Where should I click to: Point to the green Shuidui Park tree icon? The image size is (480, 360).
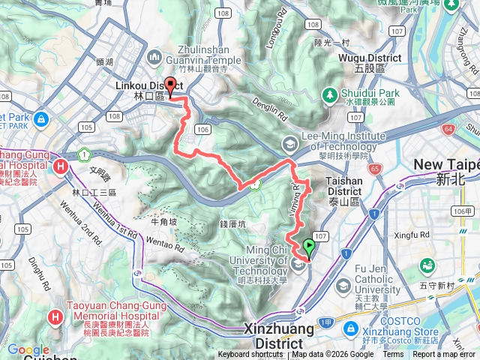[328, 94]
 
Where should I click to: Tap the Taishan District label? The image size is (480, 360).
[344, 186]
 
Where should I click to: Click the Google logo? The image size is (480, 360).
[28, 349]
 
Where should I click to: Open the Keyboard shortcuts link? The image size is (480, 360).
[250, 355]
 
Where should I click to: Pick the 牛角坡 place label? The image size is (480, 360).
[163, 221]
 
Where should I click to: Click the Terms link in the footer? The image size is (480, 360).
[392, 355]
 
